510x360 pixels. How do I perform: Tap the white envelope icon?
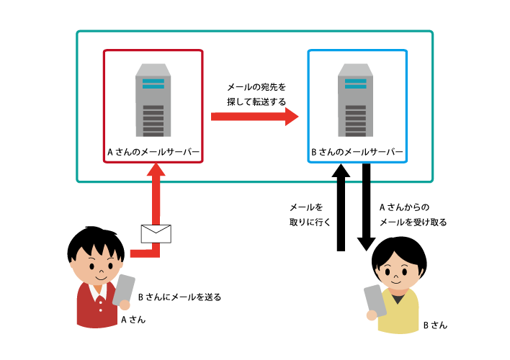156,233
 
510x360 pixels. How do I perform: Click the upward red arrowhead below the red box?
156,170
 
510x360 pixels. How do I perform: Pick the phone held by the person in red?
124,288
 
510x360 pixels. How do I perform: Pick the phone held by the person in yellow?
375,298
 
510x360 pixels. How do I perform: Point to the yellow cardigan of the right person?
401,313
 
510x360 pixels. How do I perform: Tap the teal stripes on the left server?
153,84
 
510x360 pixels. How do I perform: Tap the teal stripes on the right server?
356,84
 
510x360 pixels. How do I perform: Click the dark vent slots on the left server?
153,120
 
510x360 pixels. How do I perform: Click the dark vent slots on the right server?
356,120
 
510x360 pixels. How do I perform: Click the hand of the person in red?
125,305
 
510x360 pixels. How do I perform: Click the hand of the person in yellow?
372,315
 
